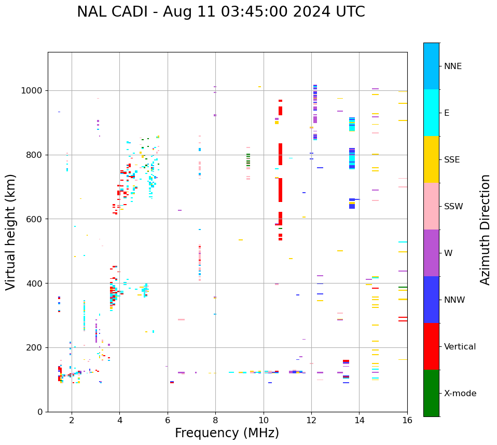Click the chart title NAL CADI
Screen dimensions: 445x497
(x=220, y=12)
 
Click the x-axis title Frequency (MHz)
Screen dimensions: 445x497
(x=227, y=433)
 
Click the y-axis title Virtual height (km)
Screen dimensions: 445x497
(x=11, y=232)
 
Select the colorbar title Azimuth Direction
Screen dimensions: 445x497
(x=485, y=229)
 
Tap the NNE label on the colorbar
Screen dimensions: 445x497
(x=452, y=66)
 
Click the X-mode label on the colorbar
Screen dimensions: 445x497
(x=460, y=393)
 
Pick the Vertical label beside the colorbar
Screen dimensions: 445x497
(x=460, y=346)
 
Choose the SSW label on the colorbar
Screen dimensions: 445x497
(x=453, y=206)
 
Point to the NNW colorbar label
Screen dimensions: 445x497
(x=455, y=300)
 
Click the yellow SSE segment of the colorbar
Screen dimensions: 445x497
(x=431, y=159)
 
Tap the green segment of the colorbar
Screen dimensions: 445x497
(x=431, y=393)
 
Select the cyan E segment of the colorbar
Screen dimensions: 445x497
(x=431, y=113)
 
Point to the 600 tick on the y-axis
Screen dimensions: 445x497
(x=36, y=219)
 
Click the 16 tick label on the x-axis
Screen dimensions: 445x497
(x=407, y=420)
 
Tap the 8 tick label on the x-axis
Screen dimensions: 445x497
(x=215, y=420)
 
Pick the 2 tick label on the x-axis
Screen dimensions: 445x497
(x=72, y=420)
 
